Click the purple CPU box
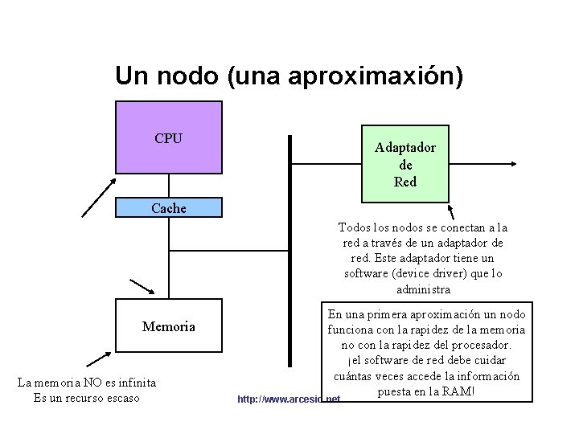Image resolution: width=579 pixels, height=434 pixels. (x=169, y=148)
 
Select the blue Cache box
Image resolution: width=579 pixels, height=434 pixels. (x=169, y=208)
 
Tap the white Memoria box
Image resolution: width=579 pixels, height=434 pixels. (x=169, y=327)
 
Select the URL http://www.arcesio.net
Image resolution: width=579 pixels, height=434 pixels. (x=289, y=399)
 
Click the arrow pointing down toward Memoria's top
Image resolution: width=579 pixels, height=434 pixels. (x=142, y=288)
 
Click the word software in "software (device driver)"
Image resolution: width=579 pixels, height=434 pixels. (x=368, y=274)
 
